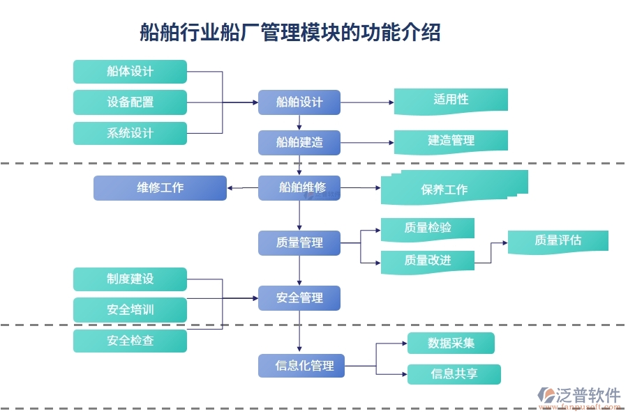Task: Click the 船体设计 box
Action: click(130, 72)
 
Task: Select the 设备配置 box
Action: click(130, 102)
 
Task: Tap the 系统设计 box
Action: click(130, 133)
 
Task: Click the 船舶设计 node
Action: click(299, 102)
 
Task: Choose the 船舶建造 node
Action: click(299, 142)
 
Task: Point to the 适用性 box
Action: click(451, 100)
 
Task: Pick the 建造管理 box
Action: click(451, 141)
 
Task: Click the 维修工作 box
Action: click(160, 187)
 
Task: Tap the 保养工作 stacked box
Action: click(454, 188)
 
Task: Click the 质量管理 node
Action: click(299, 242)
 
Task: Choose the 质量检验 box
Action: click(428, 229)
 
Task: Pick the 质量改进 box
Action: click(428, 261)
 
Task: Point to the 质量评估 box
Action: click(558, 241)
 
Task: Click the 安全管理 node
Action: click(299, 297)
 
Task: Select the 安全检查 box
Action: click(130, 341)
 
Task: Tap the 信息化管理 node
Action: click(301, 366)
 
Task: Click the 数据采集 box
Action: click(451, 343)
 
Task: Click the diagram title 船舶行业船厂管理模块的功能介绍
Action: click(290, 32)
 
